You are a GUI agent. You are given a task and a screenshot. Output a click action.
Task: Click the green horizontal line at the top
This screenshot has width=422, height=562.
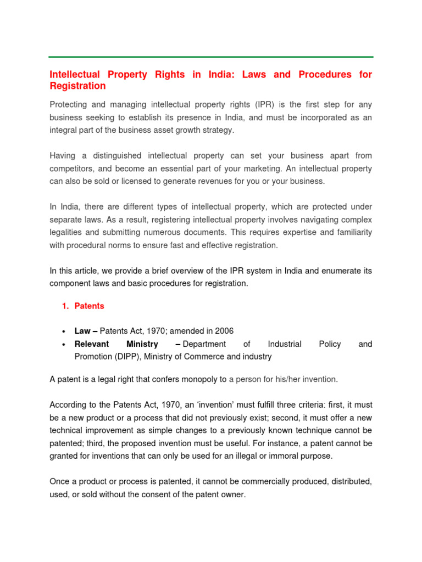(211, 57)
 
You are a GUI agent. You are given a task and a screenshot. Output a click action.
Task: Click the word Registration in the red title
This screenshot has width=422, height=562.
(77, 86)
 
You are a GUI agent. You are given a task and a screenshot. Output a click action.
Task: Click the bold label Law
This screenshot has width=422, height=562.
(82, 331)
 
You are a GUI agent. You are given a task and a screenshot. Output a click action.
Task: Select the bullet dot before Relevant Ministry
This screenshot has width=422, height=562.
(64, 344)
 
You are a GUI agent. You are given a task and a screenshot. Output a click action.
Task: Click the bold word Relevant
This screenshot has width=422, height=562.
(92, 344)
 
